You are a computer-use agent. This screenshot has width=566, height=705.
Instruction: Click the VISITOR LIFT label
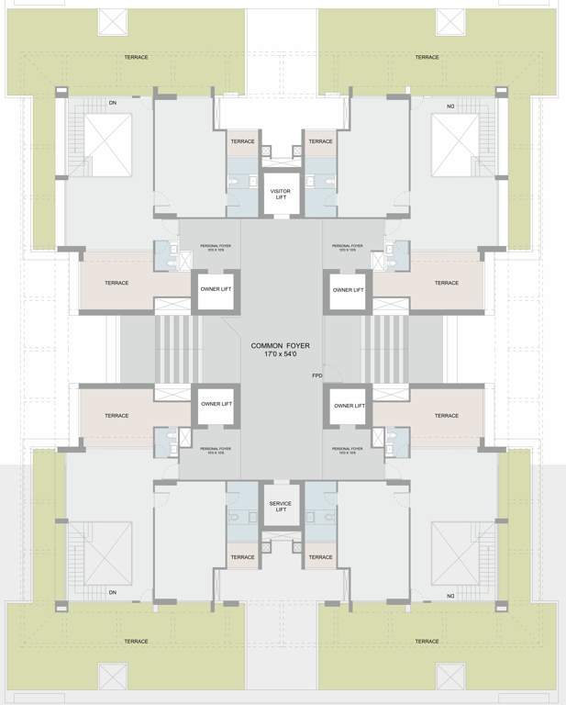point(280,194)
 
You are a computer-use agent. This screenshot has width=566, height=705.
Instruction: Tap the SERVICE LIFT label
point(280,507)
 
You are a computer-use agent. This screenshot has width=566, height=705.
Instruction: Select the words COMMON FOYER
point(281,346)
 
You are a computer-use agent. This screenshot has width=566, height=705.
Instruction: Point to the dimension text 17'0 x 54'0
point(281,355)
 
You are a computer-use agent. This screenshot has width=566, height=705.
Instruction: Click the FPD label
point(317,375)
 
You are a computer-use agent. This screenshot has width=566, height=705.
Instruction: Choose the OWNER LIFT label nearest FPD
point(349,405)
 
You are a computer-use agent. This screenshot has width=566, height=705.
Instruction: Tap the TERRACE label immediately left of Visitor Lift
point(242,141)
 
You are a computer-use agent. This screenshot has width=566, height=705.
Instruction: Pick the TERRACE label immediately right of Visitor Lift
point(320,141)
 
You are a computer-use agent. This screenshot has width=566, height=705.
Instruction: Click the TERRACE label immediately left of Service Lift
point(242,557)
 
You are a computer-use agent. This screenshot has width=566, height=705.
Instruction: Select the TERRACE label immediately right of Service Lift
point(320,557)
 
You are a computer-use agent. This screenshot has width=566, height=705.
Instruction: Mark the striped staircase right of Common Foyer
point(384,349)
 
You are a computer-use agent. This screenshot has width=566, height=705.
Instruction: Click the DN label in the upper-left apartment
point(113,103)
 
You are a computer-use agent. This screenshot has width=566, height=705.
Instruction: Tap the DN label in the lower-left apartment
point(113,592)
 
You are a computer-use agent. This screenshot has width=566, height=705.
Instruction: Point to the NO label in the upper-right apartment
point(450,106)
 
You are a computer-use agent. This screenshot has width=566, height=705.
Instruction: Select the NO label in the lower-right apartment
point(450,596)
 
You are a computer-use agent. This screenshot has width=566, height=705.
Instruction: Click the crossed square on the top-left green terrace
point(114,22)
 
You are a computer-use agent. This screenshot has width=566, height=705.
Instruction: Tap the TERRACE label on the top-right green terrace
point(427,57)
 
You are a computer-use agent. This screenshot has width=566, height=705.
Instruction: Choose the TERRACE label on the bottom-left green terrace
point(136,641)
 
